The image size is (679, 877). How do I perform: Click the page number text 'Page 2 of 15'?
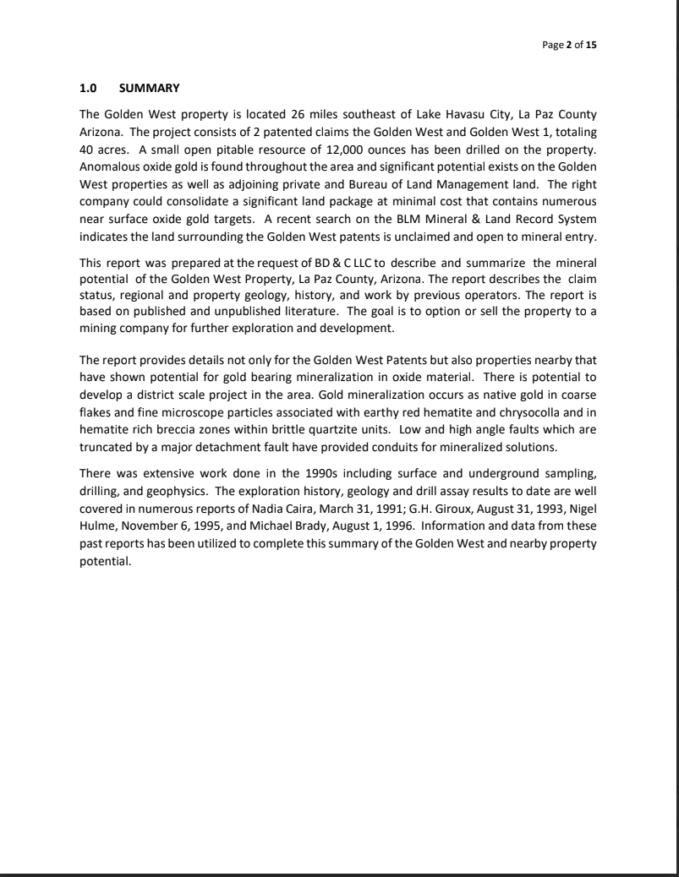(x=569, y=45)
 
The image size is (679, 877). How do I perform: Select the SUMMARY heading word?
(x=150, y=88)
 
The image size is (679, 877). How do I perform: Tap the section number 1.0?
(x=89, y=88)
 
